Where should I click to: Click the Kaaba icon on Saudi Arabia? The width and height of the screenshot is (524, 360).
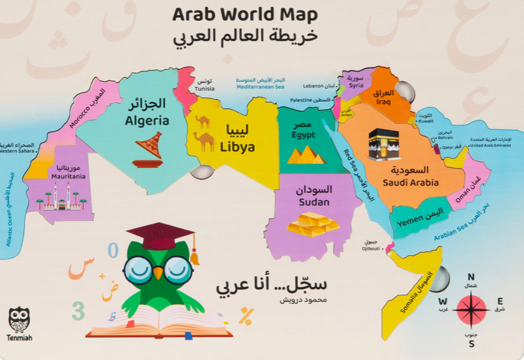(383, 144)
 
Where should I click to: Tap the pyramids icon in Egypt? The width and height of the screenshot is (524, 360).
(306, 155)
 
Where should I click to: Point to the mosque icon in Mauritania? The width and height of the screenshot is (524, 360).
(62, 197)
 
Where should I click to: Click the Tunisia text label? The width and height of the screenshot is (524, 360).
(204, 89)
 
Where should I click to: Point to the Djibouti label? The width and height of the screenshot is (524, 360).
(372, 248)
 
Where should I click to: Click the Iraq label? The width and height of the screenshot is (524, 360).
(383, 102)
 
